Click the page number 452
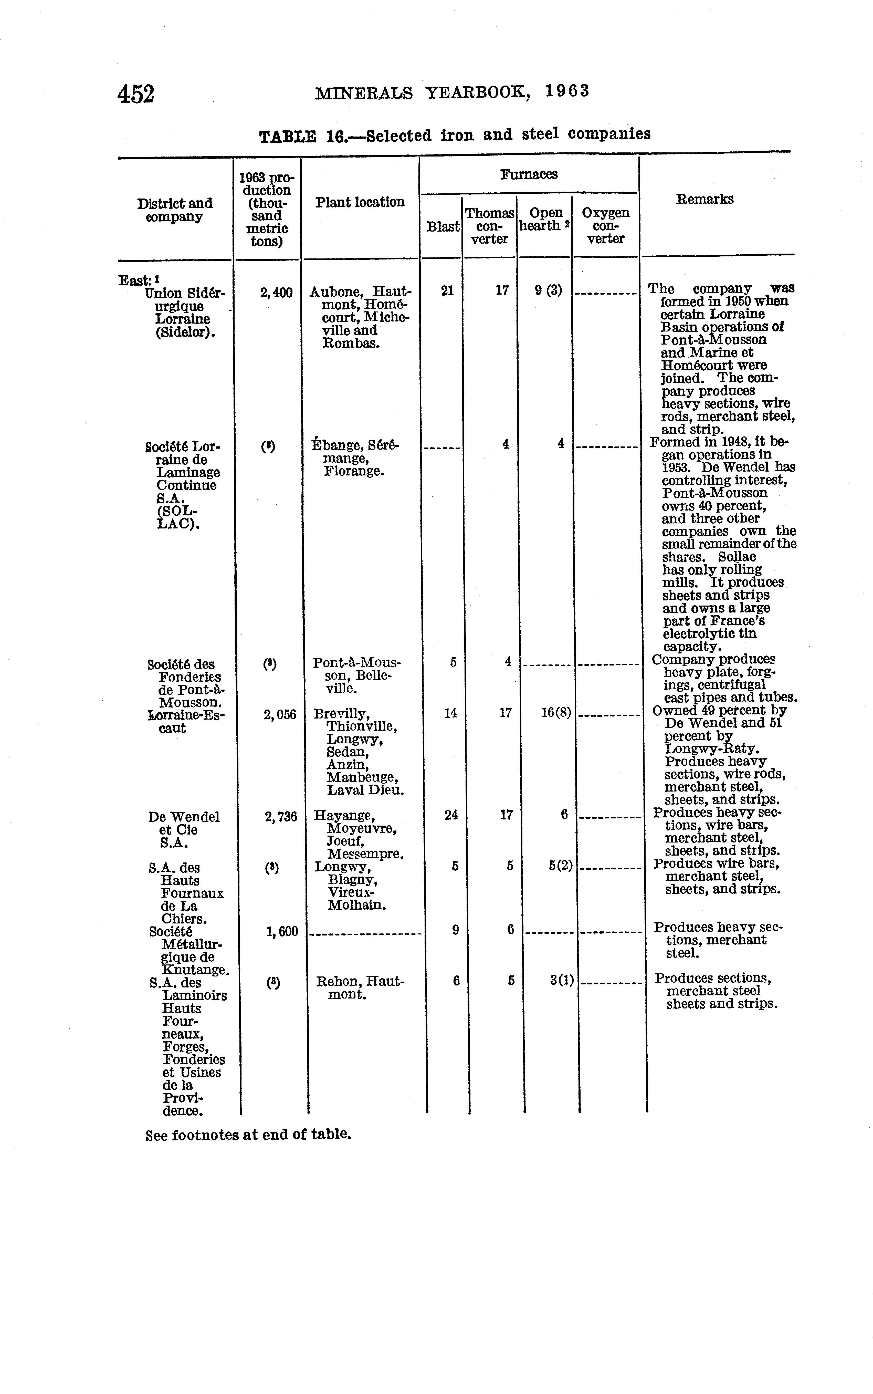tap(136, 93)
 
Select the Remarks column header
tap(704, 199)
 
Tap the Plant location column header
tap(360, 202)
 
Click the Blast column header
tap(442, 227)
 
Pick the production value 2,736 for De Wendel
tap(281, 817)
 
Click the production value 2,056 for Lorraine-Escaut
tap(280, 715)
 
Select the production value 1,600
tap(282, 931)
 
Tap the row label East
tap(134, 281)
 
